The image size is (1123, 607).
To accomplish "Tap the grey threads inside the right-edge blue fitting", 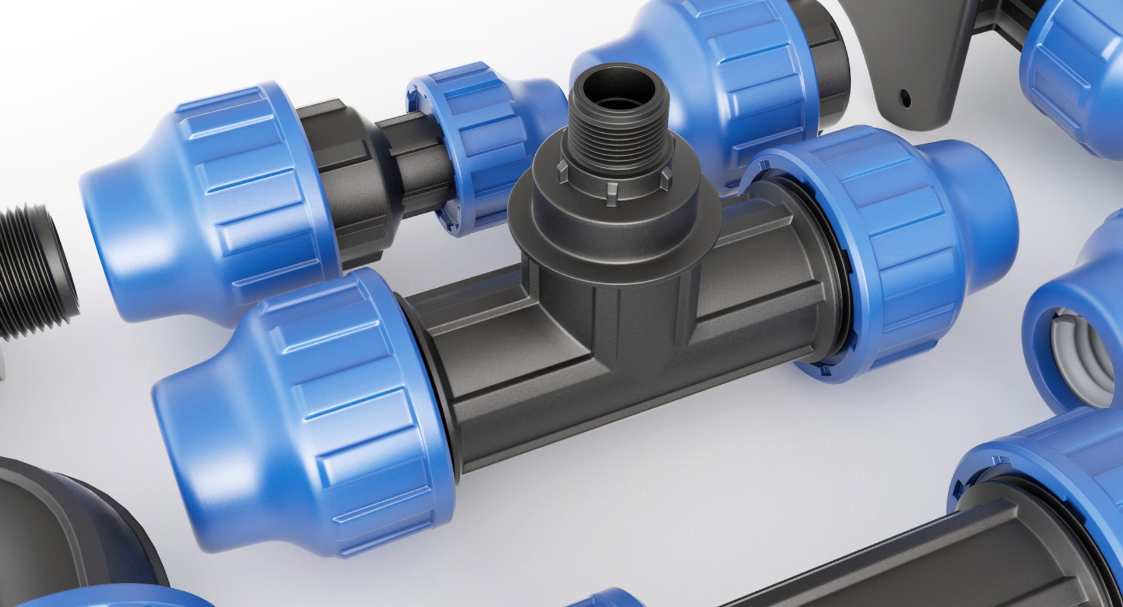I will click(1082, 357).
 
